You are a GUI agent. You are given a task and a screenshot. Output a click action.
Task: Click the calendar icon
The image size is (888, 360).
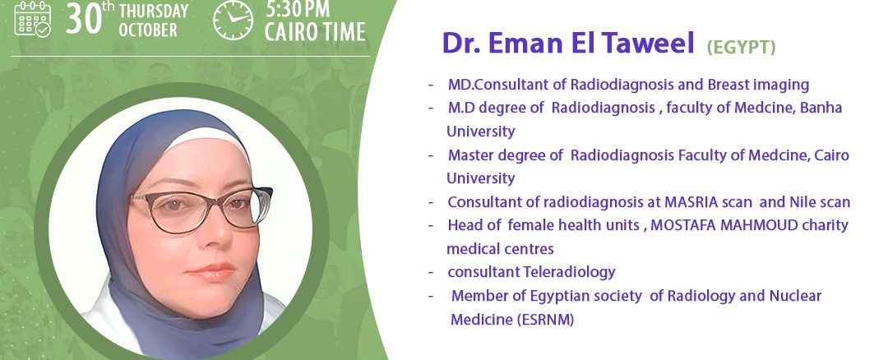33,19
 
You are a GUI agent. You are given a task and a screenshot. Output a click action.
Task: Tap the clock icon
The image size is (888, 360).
234,21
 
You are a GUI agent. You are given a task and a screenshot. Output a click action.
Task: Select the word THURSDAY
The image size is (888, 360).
154,10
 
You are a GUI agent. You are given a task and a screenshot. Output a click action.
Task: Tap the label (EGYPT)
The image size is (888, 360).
741,48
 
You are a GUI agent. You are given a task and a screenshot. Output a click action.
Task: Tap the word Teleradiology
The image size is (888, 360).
569,272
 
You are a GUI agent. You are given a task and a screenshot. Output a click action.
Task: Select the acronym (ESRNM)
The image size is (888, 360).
545,320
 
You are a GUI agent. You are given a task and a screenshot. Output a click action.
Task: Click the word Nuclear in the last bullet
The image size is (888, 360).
795,295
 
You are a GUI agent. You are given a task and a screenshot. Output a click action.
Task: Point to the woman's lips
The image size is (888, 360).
210,271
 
